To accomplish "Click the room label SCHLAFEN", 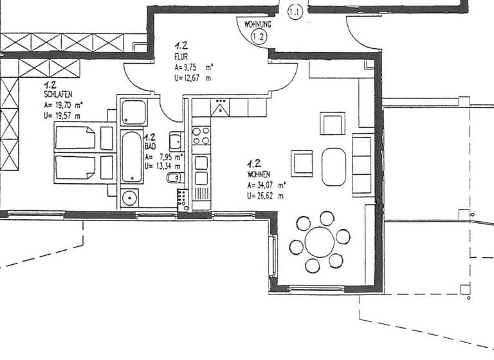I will [x=58, y=94].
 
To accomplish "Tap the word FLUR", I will [x=181, y=56].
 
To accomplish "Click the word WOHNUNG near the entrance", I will [x=258, y=24].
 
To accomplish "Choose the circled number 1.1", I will [x=295, y=11].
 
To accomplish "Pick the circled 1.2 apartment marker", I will [x=259, y=37].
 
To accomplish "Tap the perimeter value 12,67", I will [x=193, y=78].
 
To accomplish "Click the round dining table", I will [x=319, y=242].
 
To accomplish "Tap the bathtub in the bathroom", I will [x=130, y=157].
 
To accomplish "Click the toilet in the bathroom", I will [x=172, y=178].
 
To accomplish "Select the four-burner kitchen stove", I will [x=201, y=136].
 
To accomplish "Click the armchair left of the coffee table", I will [x=302, y=162].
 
